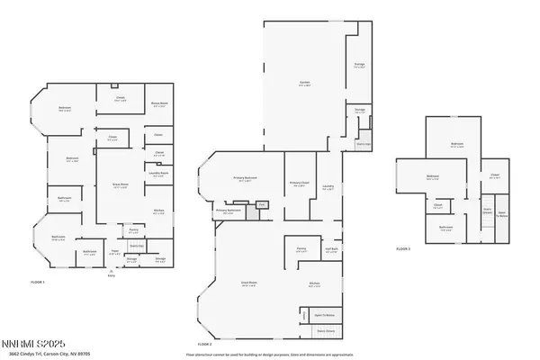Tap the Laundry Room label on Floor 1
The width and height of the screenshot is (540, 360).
click(157, 175)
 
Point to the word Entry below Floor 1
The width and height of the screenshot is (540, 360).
click(112, 276)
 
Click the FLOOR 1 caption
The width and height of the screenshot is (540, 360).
click(37, 282)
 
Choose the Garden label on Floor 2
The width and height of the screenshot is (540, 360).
click(304, 84)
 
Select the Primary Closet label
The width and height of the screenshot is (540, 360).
click(300, 185)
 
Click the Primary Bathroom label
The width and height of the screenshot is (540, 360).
click(229, 210)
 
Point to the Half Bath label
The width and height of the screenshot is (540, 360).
click(331, 249)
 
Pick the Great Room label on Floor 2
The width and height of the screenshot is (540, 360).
click(245, 285)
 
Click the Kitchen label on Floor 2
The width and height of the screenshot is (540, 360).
click(314, 284)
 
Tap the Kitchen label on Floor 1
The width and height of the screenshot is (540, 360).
click(157, 211)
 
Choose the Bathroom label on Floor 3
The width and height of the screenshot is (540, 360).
click(445, 228)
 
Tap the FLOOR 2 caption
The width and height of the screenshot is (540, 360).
click(204, 344)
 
